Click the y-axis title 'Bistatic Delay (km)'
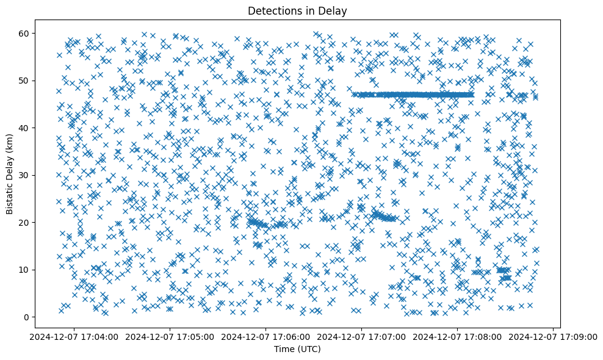[10, 174]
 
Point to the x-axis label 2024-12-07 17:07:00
[362, 336]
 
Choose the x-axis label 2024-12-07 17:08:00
[458, 336]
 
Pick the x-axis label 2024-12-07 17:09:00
[554, 336]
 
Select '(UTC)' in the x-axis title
[311, 349]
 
